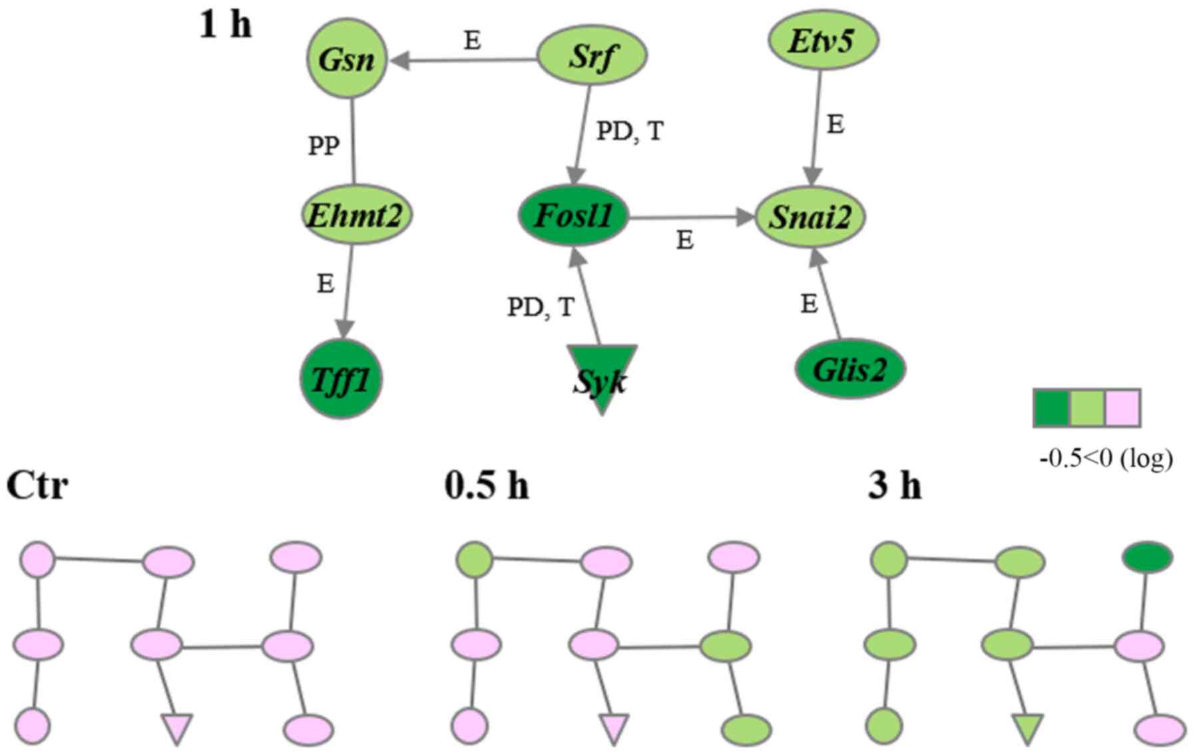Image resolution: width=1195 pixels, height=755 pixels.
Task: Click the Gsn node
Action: [x=346, y=59]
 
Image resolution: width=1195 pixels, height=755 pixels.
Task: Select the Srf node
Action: [x=592, y=56]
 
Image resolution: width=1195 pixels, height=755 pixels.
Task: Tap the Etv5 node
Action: [x=823, y=41]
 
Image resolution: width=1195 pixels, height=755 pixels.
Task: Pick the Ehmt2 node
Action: [x=354, y=215]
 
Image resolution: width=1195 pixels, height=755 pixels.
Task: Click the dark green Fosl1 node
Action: [x=574, y=216]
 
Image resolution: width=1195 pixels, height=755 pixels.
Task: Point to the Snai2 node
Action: [x=810, y=217]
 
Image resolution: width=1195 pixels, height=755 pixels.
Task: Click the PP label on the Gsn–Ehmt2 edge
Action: [x=324, y=145]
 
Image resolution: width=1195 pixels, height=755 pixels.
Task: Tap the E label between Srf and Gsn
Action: [x=472, y=41]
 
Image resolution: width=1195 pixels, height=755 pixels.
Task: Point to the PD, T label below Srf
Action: [x=629, y=131]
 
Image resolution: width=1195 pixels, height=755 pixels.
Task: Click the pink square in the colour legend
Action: [x=1123, y=407]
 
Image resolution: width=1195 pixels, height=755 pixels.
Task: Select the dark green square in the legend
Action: [x=1051, y=407]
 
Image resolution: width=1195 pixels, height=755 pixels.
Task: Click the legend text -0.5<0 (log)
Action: [x=1106, y=459]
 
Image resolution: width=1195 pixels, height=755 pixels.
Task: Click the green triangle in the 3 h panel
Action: [x=1027, y=728]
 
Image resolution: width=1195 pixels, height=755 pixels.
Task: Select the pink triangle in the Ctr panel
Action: [x=177, y=728]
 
